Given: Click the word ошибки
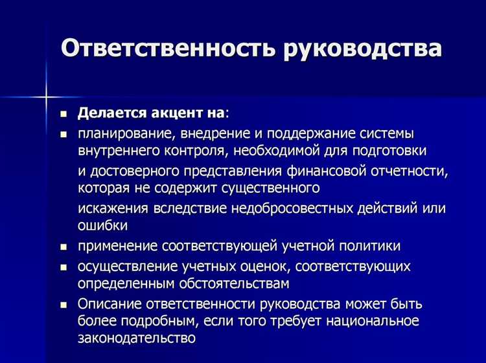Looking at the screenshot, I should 102,226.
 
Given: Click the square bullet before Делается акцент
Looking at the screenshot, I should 64,113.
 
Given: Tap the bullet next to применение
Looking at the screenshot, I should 64,247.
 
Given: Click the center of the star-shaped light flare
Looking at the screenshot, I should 47,96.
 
